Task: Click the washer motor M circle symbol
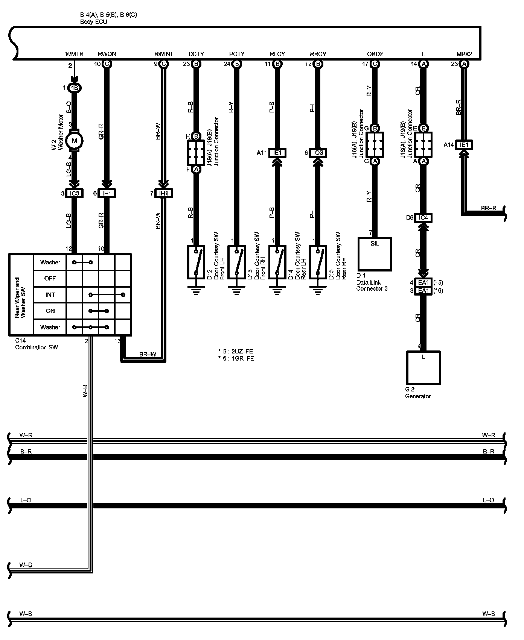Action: [74, 141]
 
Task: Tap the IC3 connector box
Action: [74, 193]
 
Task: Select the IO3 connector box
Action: [318, 153]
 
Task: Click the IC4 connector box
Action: [423, 218]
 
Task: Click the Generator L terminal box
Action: [423, 367]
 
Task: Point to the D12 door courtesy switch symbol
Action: [196, 262]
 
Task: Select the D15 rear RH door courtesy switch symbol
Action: [318, 262]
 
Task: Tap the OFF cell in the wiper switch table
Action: [50, 279]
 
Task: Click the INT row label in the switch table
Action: [50, 295]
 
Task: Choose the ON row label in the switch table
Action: [50, 311]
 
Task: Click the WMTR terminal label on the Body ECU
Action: [74, 54]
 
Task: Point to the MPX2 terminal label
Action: [464, 54]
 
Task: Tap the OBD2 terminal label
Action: [375, 54]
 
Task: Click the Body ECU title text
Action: [93, 22]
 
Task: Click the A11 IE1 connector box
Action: [277, 153]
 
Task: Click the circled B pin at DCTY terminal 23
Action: [196, 64]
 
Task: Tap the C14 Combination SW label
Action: [36, 344]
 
